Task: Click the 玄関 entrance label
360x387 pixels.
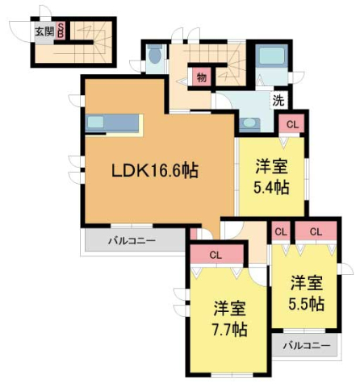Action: point(44,31)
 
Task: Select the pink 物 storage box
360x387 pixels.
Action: point(200,78)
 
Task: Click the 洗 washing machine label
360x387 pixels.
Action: point(278,102)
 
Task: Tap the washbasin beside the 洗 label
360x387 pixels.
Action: point(249,123)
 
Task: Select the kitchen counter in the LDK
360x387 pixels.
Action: point(114,123)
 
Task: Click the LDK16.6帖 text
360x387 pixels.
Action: point(155,170)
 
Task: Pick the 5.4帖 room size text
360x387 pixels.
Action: point(270,188)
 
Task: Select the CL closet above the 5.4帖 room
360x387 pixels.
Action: point(291,124)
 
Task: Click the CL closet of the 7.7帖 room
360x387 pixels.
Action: point(216,255)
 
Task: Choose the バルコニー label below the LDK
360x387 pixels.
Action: point(133,241)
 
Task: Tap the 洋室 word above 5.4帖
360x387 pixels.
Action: point(270,167)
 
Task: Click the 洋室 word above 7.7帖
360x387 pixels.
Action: point(230,308)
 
